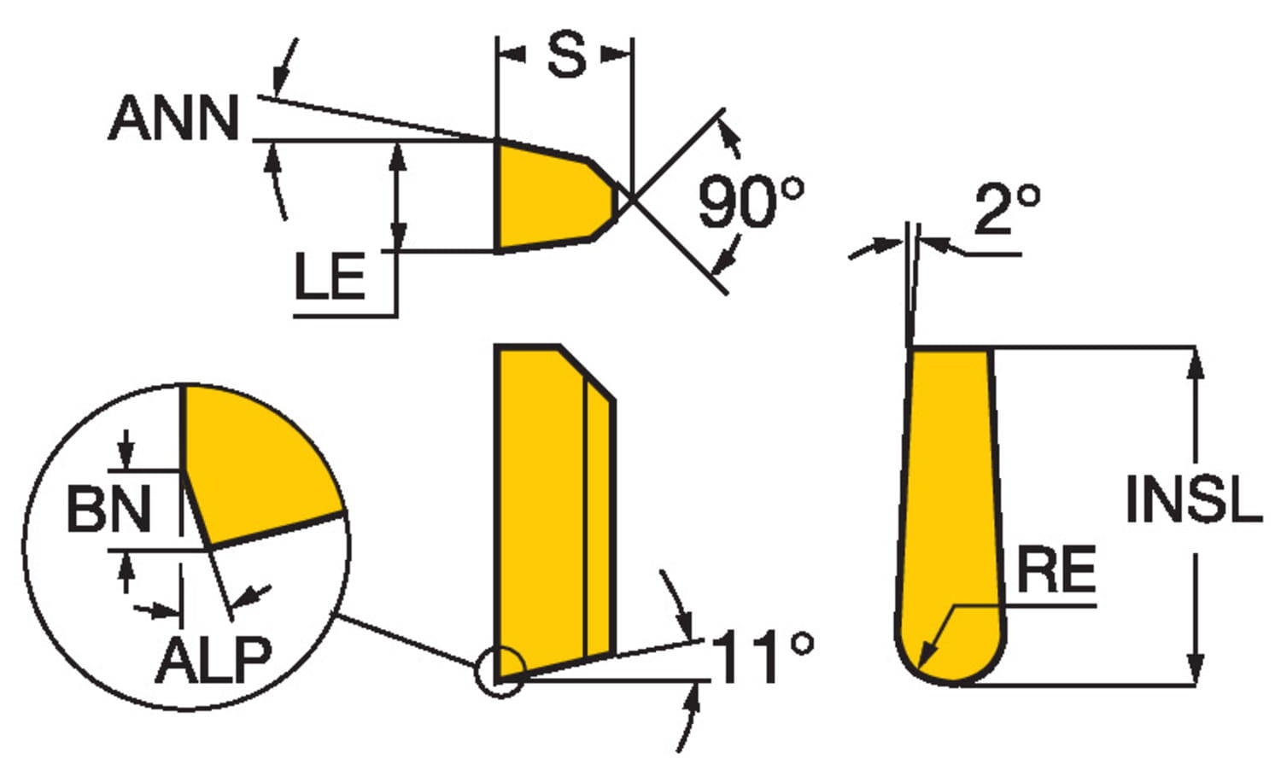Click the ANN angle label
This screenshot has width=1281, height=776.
click(173, 117)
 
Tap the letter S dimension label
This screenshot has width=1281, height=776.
click(566, 55)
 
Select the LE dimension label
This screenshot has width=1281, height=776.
click(330, 277)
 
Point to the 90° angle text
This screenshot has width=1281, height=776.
click(751, 201)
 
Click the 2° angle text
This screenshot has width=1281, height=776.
click(1007, 209)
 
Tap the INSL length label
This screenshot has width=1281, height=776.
click(1194, 499)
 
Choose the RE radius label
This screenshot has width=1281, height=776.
click(1056, 569)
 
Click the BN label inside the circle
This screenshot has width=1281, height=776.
click(108, 509)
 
